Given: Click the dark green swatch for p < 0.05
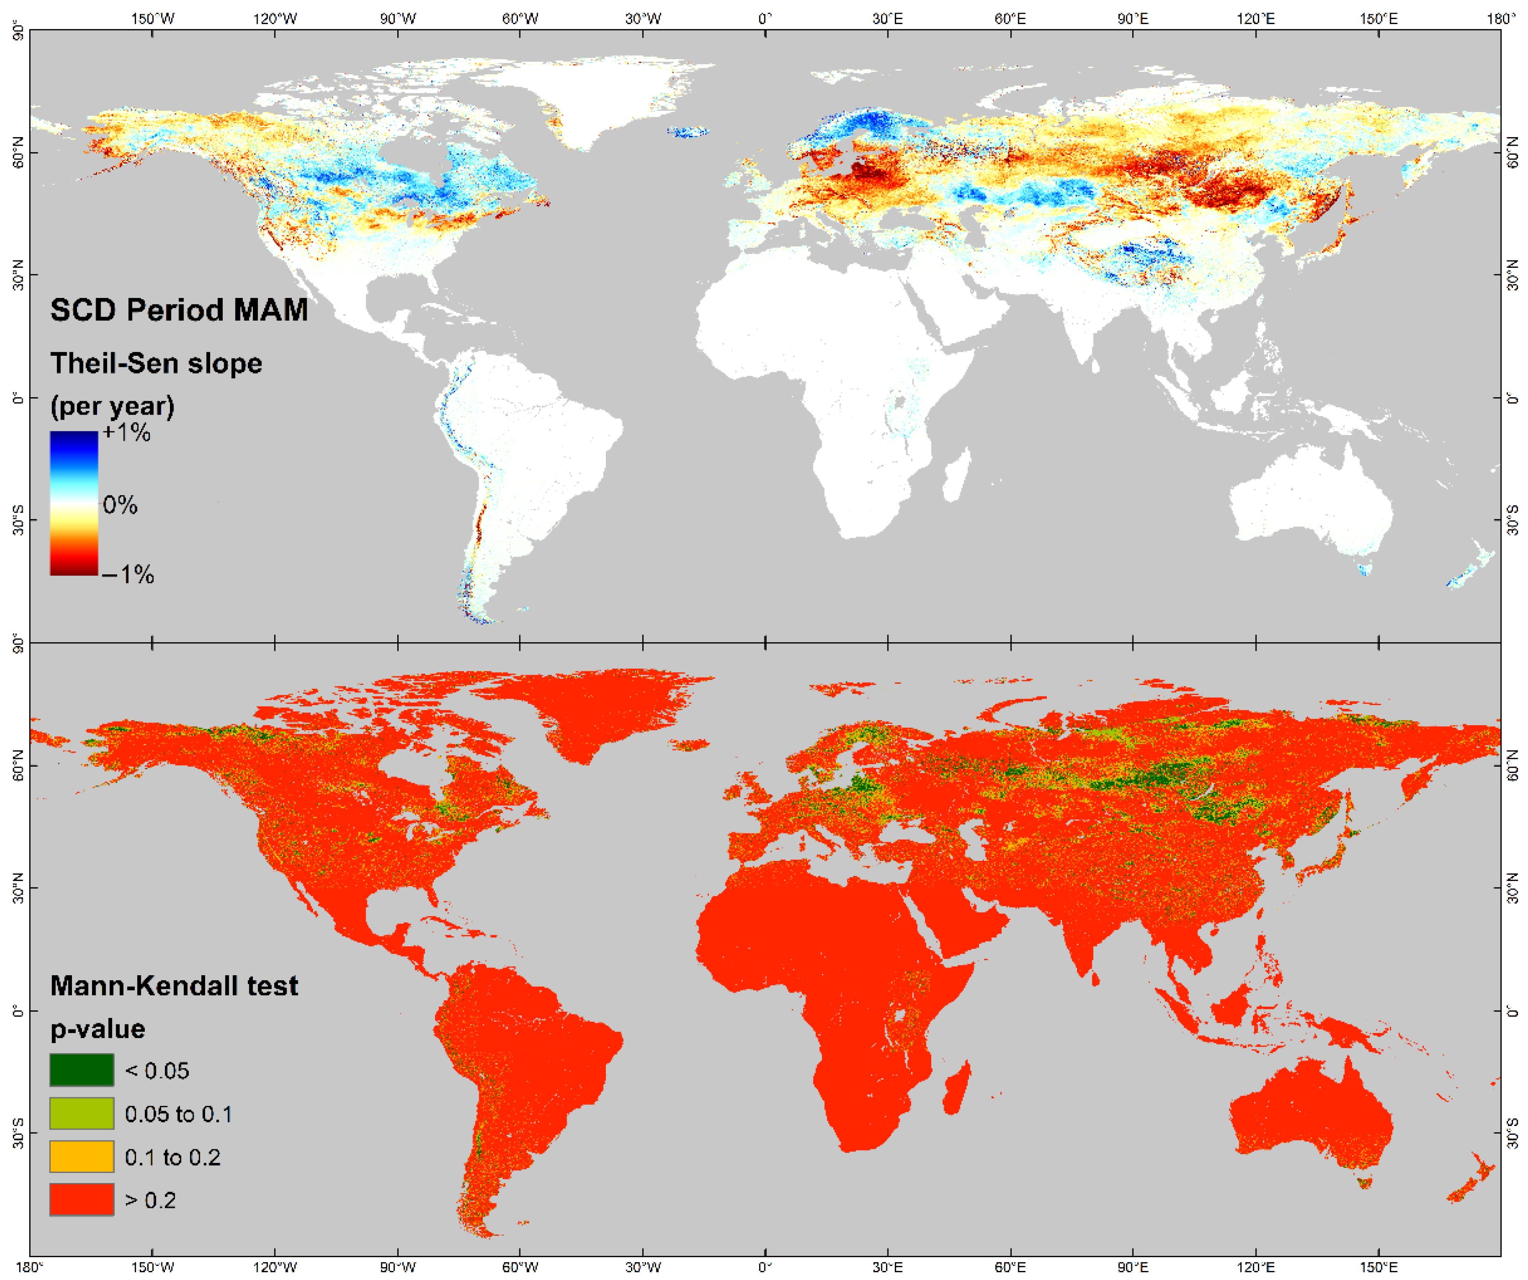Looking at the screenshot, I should [x=82, y=1070].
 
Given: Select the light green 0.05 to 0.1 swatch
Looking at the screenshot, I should [x=82, y=1113].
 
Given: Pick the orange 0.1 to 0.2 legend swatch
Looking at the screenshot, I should [x=82, y=1156].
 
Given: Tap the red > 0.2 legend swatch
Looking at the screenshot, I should [x=82, y=1200].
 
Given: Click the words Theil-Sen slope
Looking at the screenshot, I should [x=156, y=363].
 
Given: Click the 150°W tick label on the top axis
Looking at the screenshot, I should [x=152, y=19].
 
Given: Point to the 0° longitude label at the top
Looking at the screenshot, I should [x=765, y=19].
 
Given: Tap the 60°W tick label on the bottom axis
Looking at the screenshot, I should [x=520, y=1267].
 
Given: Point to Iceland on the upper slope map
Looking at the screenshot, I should [x=687, y=132].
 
